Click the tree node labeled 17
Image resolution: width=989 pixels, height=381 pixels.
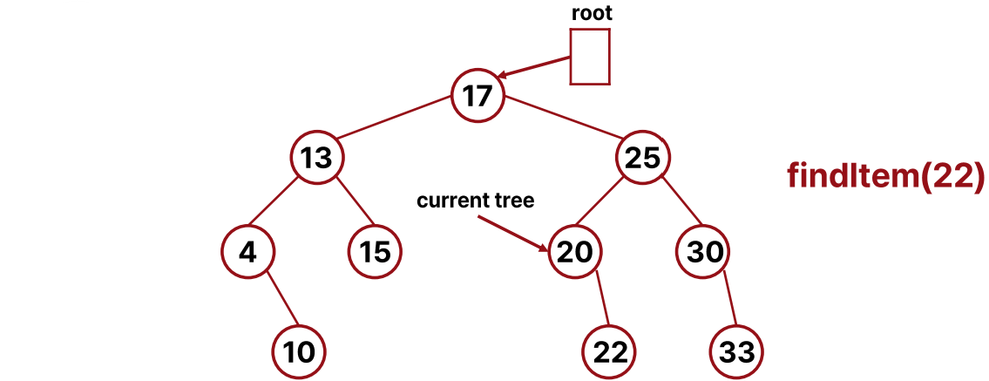(x=478, y=94)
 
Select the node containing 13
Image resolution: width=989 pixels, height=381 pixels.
(x=317, y=158)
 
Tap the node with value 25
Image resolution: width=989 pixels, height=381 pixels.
(x=643, y=158)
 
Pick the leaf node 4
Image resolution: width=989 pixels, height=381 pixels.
(x=247, y=252)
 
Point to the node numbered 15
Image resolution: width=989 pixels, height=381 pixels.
(x=375, y=252)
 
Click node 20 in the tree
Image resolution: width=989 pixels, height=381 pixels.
(x=575, y=252)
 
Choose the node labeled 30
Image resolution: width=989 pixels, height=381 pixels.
(x=704, y=252)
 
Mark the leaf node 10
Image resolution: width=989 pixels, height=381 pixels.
(x=299, y=351)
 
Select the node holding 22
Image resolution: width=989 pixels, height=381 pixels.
(x=609, y=351)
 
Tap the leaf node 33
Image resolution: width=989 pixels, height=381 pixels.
(x=737, y=351)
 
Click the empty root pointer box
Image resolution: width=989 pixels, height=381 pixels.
(x=590, y=57)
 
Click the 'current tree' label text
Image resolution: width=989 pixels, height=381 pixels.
(x=475, y=201)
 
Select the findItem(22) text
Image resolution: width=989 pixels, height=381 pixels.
(x=885, y=175)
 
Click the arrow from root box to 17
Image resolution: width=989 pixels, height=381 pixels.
(x=535, y=68)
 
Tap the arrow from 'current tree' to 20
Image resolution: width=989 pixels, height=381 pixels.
(x=514, y=233)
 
